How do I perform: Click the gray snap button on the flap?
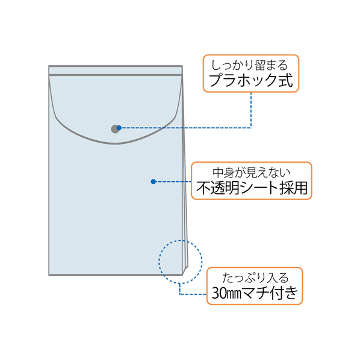pyautogui.click(x=115, y=129)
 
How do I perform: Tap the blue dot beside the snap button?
pyautogui.click(x=119, y=128)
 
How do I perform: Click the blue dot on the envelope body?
pyautogui.click(x=154, y=182)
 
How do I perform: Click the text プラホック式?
pyautogui.click(x=250, y=80)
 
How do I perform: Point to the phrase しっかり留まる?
pyautogui.click(x=249, y=65)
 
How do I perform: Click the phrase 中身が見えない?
pyautogui.click(x=252, y=173)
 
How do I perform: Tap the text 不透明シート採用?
pyautogui.click(x=252, y=188)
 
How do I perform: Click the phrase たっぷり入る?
pyautogui.click(x=255, y=278)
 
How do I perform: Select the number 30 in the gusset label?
pyautogui.click(x=219, y=293)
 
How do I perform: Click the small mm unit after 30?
pyautogui.click(x=234, y=294)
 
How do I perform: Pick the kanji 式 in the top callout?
pyautogui.click(x=286, y=80)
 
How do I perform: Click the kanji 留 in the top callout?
pyautogui.click(x=261, y=65)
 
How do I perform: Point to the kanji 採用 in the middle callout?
pyautogui.click(x=293, y=188)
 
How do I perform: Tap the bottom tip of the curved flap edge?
pyautogui.click(x=115, y=144)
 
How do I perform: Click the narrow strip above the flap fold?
pyautogui.click(x=116, y=70)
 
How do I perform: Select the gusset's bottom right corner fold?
pyautogui.click(x=185, y=270)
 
